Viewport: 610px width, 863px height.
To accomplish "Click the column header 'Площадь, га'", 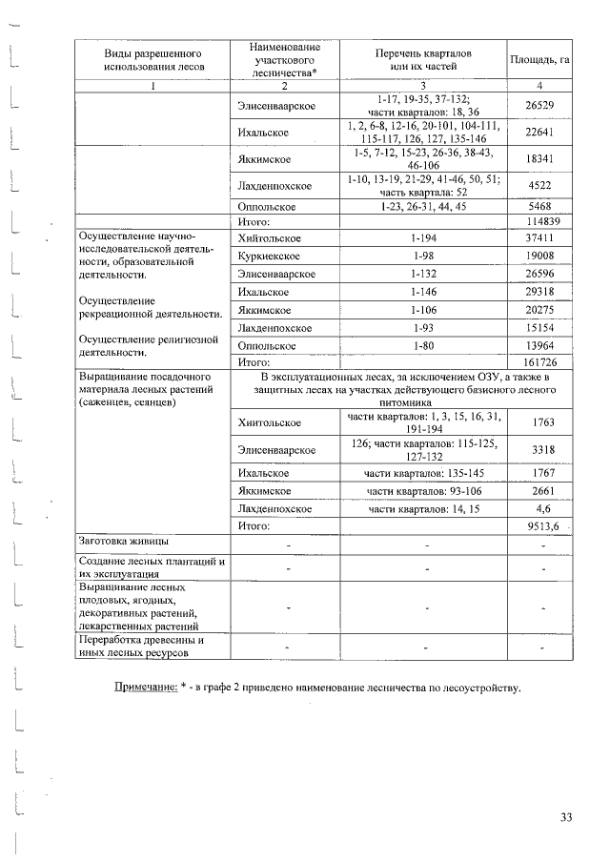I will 539,61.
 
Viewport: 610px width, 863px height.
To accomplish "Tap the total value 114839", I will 539,221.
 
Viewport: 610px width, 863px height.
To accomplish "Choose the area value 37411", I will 539,239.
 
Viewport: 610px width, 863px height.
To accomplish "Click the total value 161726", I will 539,362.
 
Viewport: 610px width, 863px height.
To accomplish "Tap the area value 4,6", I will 539,509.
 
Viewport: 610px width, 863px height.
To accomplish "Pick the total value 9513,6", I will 539,527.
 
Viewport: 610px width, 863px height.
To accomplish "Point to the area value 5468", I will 539,205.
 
